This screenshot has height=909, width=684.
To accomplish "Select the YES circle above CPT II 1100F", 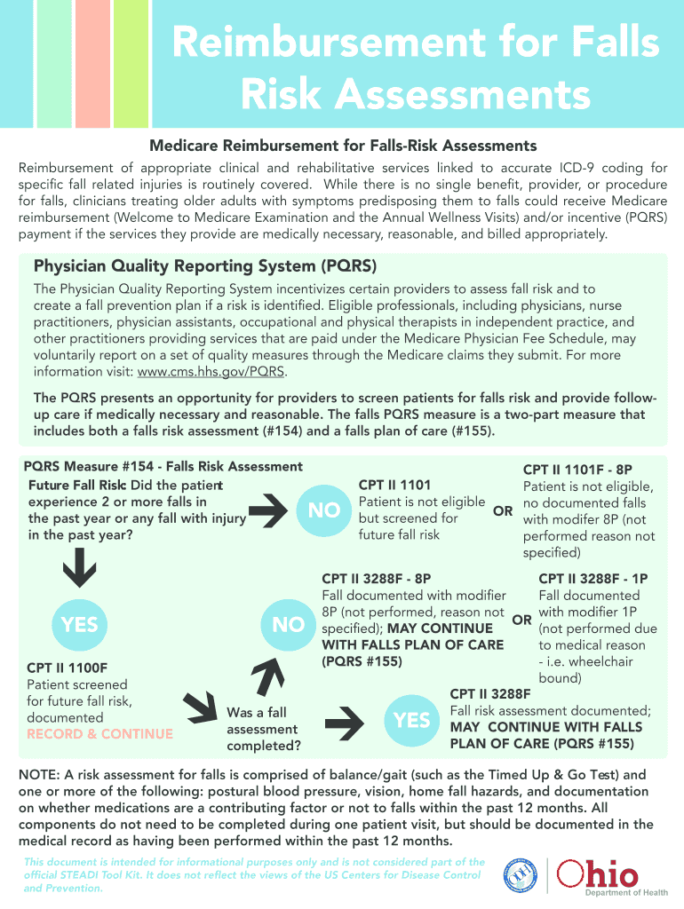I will coord(80,625).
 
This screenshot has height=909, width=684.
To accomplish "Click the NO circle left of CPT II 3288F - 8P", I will coord(289,625).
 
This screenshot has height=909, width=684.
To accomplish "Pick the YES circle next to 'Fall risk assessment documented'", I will coord(412,720).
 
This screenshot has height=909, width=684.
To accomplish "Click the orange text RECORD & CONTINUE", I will coord(100,734).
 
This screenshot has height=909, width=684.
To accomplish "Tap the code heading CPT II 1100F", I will coord(74,667).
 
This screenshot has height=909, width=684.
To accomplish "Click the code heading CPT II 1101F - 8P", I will coord(577,470).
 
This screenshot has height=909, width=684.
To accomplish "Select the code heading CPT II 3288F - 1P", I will coord(593,579).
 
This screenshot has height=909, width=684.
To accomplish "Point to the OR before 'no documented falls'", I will coord(503,513).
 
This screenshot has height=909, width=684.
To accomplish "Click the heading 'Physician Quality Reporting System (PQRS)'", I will coord(205,266).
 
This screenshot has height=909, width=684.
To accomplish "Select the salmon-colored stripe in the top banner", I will coord(92,62).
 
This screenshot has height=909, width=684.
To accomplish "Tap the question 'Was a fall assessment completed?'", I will coord(263,729).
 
